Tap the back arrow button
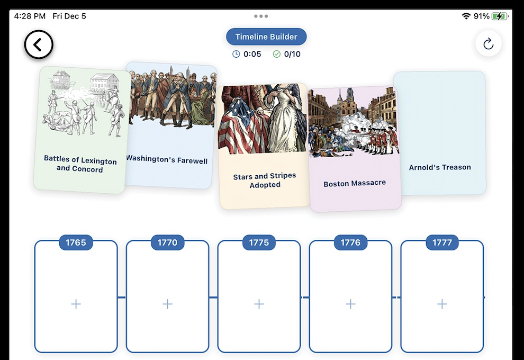[39, 44]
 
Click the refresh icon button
[488, 44]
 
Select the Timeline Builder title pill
[266, 37]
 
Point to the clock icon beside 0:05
[236, 54]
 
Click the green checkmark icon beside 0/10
[277, 54]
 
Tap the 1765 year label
[76, 242]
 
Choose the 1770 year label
[167, 242]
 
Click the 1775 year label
[259, 242]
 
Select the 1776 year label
[350, 242]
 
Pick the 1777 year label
[442, 242]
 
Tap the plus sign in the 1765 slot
[76, 304]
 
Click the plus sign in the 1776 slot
[350, 304]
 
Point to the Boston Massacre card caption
[355, 183]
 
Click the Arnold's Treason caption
[440, 167]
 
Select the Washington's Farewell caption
[167, 159]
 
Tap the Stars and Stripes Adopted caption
[265, 180]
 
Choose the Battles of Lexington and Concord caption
[80, 164]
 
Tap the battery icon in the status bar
[500, 16]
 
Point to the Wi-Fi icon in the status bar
[466, 16]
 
